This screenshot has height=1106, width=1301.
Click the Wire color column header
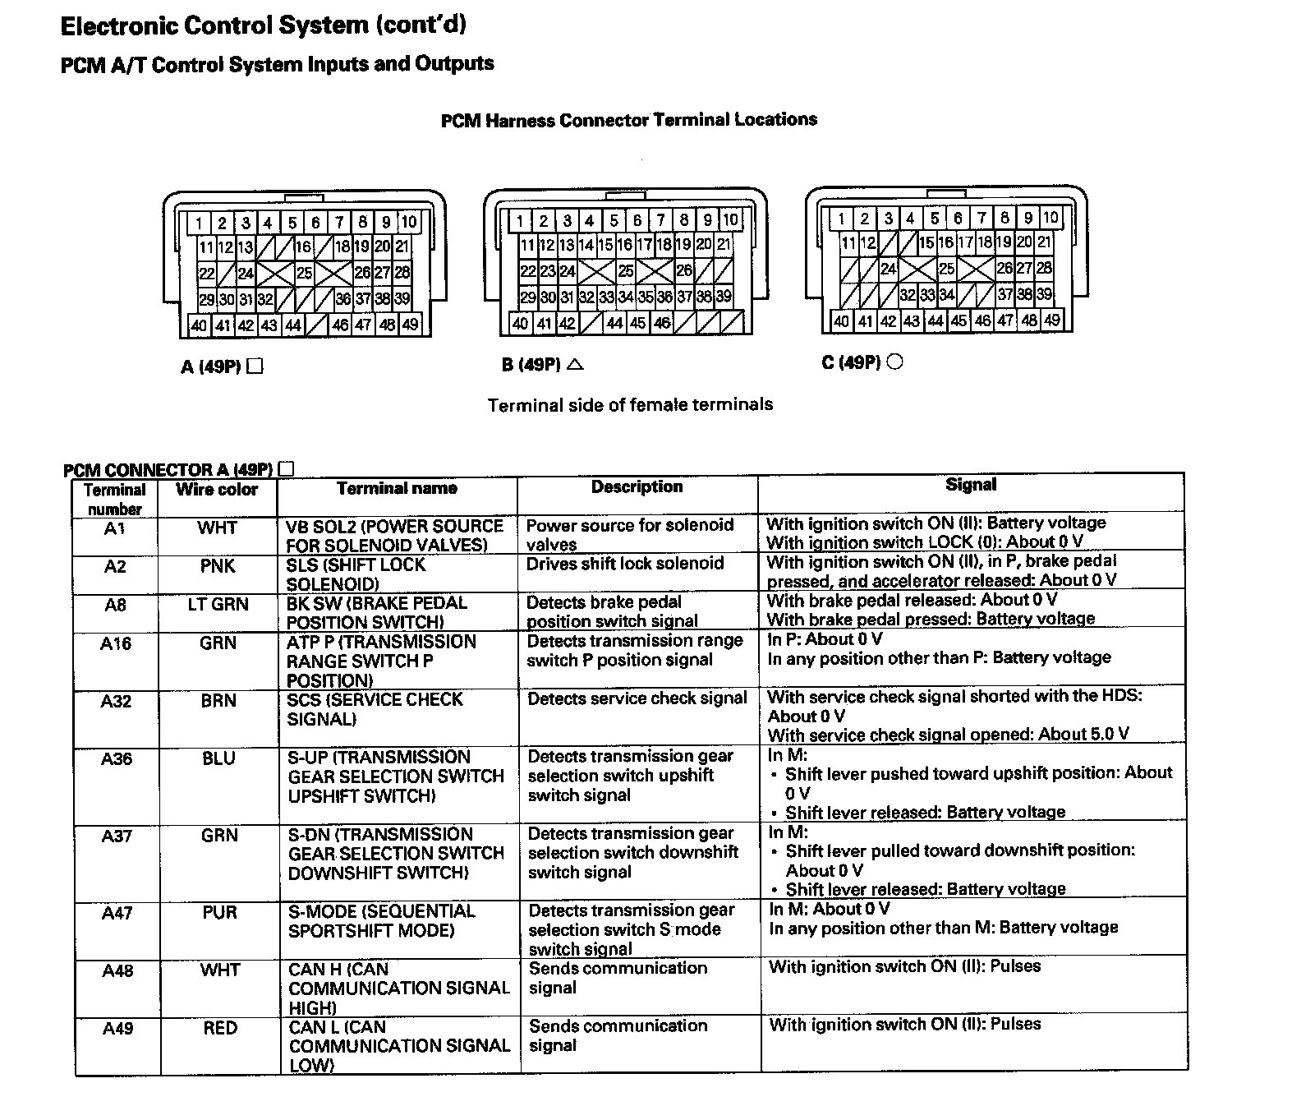pyautogui.click(x=217, y=491)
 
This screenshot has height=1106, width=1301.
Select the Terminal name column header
pyautogui.click(x=397, y=488)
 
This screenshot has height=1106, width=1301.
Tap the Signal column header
pyautogui.click(x=971, y=485)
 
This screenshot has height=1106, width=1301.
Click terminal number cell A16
pyautogui.click(x=116, y=643)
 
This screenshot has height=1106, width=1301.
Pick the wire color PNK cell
pyautogui.click(x=218, y=566)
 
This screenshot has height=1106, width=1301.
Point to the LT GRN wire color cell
pyautogui.click(x=218, y=605)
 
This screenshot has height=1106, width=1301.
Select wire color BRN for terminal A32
pyautogui.click(x=218, y=701)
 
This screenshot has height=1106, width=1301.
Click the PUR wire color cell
pyautogui.click(x=219, y=913)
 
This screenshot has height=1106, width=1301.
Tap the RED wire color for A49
pyautogui.click(x=220, y=1028)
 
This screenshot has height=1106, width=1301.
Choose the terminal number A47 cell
pyautogui.click(x=117, y=913)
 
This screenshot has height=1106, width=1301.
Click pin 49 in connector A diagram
pyautogui.click(x=411, y=325)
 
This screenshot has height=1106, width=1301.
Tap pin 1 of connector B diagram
pyautogui.click(x=520, y=220)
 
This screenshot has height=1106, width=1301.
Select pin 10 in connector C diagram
pyautogui.click(x=1050, y=217)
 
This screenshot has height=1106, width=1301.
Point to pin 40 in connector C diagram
pyautogui.click(x=841, y=320)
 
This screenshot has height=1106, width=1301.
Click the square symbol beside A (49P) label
pyautogui.click(x=255, y=366)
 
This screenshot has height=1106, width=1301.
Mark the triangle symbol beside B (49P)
pyautogui.click(x=575, y=363)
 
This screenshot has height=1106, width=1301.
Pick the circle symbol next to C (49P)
pyautogui.click(x=895, y=361)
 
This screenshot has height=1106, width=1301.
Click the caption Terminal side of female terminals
pyautogui.click(x=630, y=404)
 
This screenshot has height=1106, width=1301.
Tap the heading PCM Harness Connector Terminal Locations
pyautogui.click(x=629, y=120)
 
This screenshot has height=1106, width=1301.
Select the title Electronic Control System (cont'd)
pyautogui.click(x=264, y=25)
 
